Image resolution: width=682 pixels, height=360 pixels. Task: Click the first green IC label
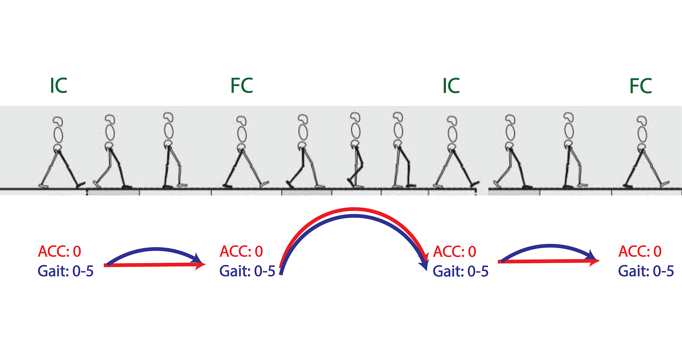coord(59,86)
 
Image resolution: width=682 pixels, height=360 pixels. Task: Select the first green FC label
coord(242,86)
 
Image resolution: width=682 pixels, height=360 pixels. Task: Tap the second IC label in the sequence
coord(451,86)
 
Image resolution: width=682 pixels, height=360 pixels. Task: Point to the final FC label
coord(640,86)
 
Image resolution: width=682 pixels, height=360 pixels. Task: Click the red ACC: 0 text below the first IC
coord(59,252)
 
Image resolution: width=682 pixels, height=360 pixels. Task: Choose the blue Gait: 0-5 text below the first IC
coord(65,271)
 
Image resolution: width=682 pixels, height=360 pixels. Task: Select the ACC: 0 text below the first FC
coord(241,252)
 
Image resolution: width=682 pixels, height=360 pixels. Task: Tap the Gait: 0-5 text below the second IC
coord(460,271)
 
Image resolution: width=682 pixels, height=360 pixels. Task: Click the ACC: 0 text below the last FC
coord(640,252)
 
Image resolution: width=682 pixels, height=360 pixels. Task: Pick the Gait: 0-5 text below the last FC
coord(646,271)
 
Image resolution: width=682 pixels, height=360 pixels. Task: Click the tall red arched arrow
coord(354,209)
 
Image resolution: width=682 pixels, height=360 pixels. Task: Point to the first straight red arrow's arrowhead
coord(201,265)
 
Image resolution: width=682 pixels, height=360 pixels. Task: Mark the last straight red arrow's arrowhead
coord(595,261)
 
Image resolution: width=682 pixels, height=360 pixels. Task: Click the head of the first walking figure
coord(58,121)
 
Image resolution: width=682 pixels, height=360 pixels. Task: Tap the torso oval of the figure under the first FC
coord(242,134)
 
